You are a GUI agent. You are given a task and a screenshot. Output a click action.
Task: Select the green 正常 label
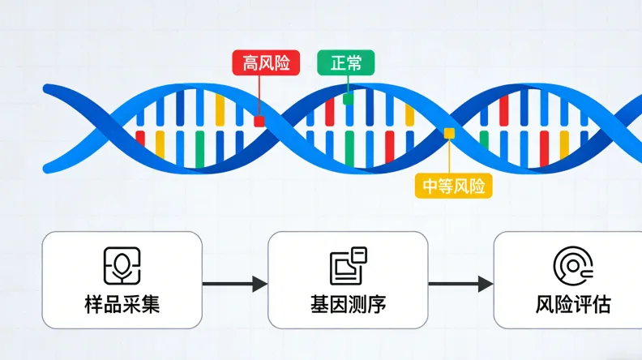pyautogui.click(x=345, y=62)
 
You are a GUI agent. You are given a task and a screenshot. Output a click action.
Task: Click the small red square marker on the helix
pyautogui.click(x=259, y=122)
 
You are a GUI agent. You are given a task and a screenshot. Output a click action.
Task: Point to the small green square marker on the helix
pyautogui.click(x=348, y=99)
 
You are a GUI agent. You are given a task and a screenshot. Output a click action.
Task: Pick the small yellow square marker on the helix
pyautogui.click(x=448, y=132)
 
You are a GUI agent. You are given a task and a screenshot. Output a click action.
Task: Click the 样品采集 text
pyautogui.click(x=122, y=305)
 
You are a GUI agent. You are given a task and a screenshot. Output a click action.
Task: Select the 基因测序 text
pyautogui.click(x=348, y=305)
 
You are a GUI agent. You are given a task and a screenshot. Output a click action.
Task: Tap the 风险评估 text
pyautogui.click(x=573, y=305)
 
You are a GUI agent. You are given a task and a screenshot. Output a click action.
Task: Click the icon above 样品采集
pyautogui.click(x=122, y=266)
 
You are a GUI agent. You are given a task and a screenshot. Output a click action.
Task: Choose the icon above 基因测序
pyautogui.click(x=348, y=265)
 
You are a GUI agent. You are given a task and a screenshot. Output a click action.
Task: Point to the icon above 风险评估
pyautogui.click(x=573, y=266)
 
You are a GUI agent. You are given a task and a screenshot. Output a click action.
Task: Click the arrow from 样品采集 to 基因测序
pyautogui.click(x=235, y=284)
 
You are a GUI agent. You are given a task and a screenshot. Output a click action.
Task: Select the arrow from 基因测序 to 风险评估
pyautogui.click(x=460, y=284)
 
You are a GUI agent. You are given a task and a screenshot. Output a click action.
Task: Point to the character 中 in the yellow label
pyautogui.click(x=430, y=186)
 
